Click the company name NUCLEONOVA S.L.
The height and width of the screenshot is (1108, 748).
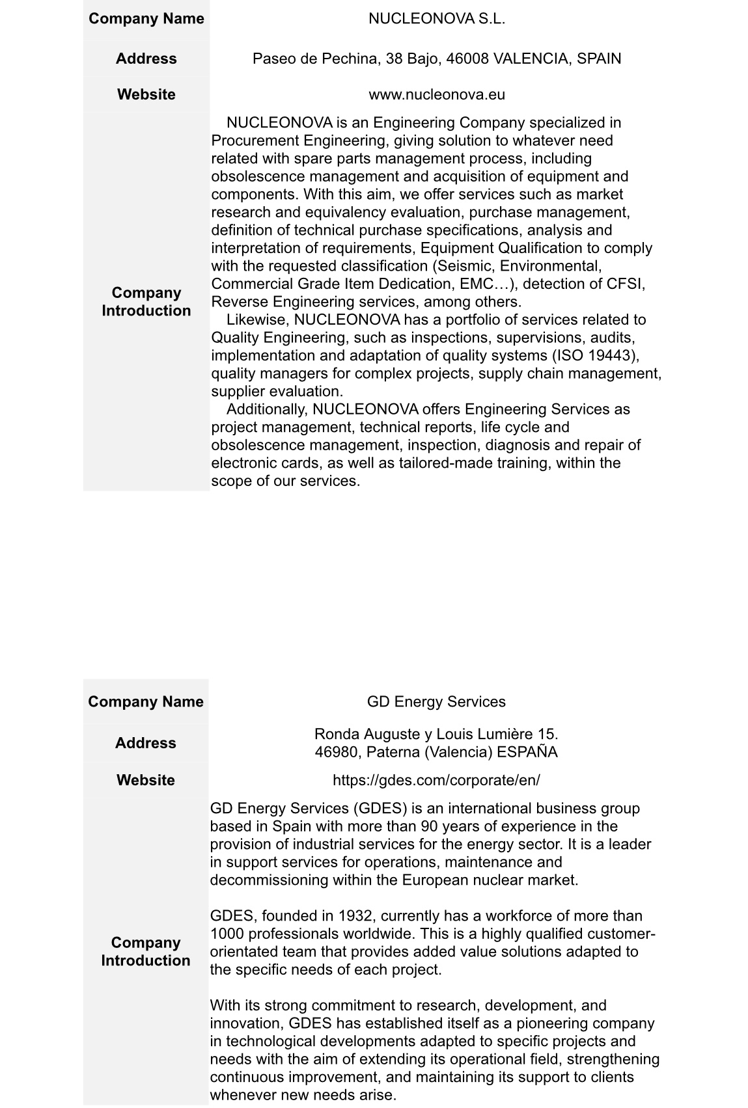click(x=436, y=19)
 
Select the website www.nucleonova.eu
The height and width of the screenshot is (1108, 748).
click(x=436, y=94)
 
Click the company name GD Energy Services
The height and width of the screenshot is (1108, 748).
click(x=436, y=701)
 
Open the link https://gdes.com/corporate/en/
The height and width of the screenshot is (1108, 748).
click(x=436, y=779)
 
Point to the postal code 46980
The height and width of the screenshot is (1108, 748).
click(x=336, y=752)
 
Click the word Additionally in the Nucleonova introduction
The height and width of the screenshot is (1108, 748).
click(x=267, y=409)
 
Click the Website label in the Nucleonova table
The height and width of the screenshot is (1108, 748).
click(x=146, y=94)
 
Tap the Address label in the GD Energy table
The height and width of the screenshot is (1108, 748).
click(x=145, y=743)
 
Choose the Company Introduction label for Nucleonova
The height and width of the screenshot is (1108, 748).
click(x=146, y=301)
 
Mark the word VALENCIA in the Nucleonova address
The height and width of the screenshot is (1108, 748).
click(x=531, y=59)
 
